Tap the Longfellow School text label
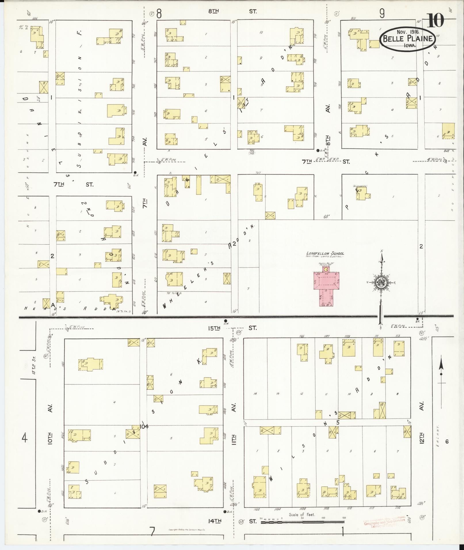(x=325, y=253)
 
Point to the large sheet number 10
(x=436, y=20)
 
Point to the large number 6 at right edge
(x=447, y=442)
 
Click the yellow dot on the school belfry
(x=326, y=270)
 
